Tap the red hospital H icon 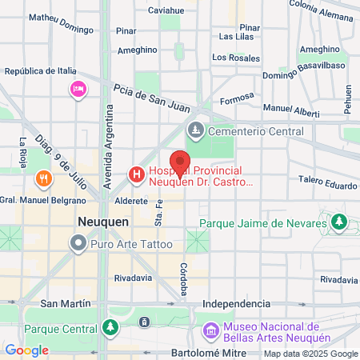tap(137, 174)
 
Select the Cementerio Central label tap(255, 131)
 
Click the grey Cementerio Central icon tap(195, 130)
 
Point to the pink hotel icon tap(78, 89)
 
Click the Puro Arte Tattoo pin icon tap(78, 242)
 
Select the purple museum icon tap(211, 330)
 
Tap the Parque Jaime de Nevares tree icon tap(339, 222)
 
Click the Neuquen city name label tap(99, 220)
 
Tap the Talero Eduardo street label tap(328, 185)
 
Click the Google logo tap(27, 350)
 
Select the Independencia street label tap(237, 304)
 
